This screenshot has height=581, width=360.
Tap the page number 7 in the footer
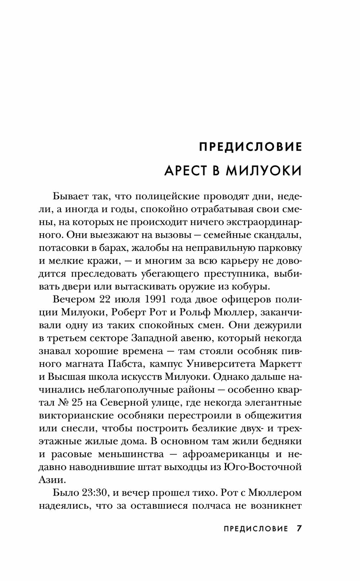point(298,528)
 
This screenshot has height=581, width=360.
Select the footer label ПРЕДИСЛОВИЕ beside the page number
point(256,529)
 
